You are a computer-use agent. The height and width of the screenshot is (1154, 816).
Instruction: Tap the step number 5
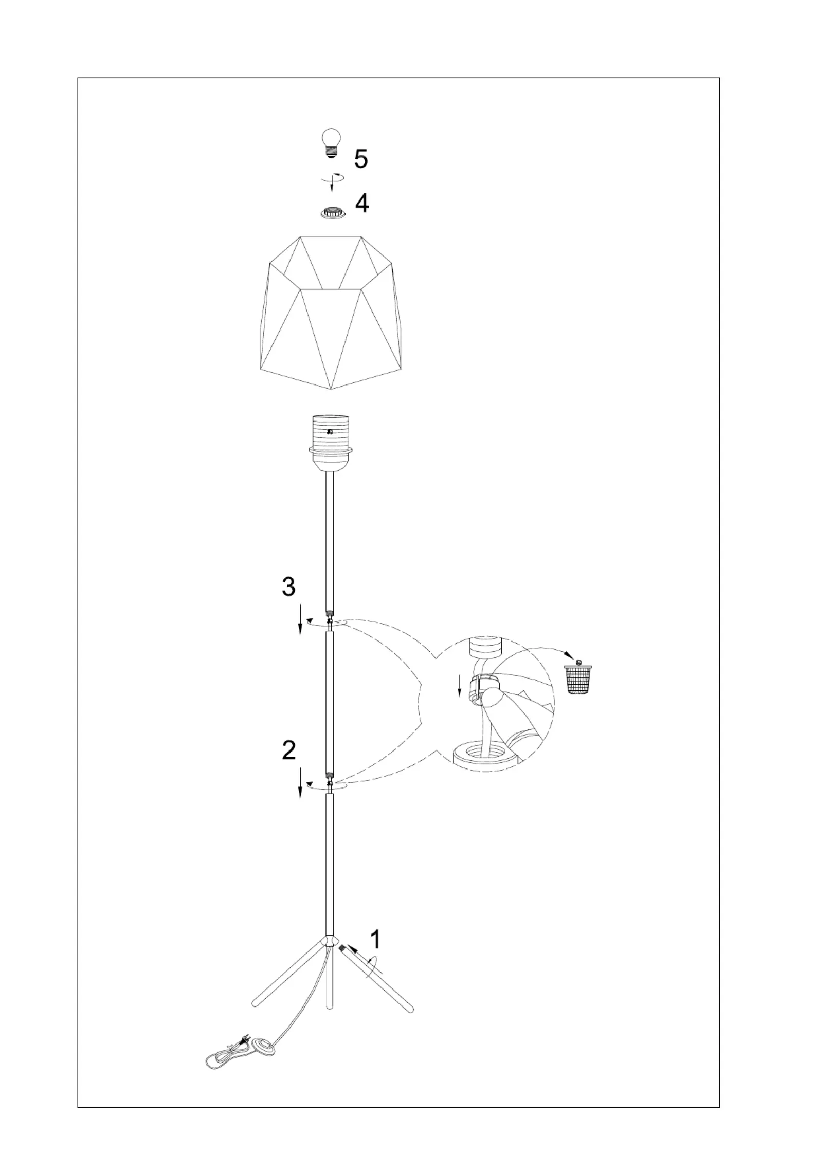pos(361,159)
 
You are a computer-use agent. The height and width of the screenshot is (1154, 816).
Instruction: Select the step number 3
pos(288,587)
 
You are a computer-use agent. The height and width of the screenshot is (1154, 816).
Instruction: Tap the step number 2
pos(289,750)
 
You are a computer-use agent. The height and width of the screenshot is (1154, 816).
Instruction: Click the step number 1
pos(376,939)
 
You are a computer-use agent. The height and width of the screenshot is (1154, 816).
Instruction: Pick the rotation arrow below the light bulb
pos(332,179)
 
